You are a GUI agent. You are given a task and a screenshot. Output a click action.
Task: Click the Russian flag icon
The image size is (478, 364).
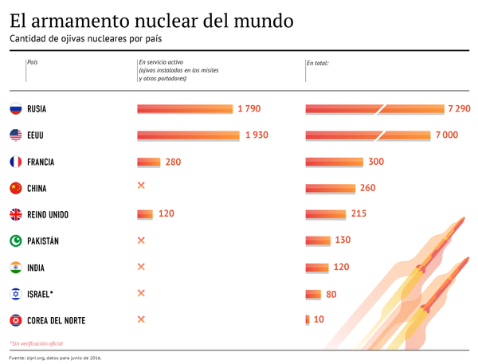click(15, 109)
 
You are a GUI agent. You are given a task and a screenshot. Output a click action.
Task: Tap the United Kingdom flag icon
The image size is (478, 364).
click(15, 214)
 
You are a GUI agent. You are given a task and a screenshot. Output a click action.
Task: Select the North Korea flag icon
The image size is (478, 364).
click(15, 320)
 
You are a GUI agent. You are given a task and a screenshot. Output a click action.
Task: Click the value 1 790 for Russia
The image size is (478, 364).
click(249, 109)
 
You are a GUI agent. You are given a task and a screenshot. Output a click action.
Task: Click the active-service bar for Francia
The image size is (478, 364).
click(149, 162)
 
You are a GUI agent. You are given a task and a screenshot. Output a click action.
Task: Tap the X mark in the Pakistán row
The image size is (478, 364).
click(142, 241)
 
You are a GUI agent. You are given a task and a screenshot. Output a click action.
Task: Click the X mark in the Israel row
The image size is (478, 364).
click(142, 293)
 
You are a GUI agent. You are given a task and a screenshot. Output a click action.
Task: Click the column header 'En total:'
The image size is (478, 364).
click(318, 62)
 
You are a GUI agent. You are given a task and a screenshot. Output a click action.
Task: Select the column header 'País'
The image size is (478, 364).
click(33, 62)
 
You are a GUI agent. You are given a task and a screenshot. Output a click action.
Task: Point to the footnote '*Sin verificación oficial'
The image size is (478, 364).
click(37, 343)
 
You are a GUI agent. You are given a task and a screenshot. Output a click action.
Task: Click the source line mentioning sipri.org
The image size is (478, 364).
click(56, 358)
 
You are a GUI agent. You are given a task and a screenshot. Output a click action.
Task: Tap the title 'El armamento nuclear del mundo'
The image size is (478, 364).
click(151, 18)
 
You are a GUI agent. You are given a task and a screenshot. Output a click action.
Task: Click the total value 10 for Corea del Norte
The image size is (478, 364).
click(319, 320)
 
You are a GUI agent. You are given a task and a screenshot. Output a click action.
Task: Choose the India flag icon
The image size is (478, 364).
click(15, 267)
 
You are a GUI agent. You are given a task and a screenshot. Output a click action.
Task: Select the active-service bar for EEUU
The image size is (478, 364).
click(188, 135)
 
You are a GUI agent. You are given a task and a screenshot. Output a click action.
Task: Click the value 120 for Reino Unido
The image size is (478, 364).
click(166, 214)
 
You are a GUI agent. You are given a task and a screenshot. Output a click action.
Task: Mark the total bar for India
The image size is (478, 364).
click(317, 267)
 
